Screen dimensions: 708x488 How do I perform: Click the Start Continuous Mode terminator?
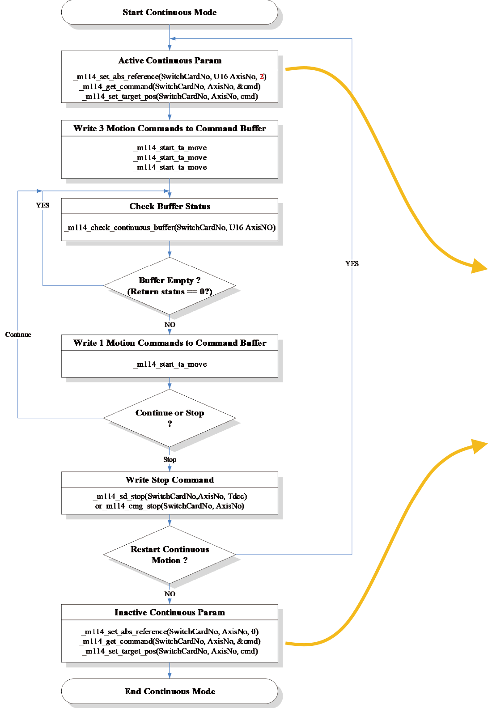click(x=170, y=13)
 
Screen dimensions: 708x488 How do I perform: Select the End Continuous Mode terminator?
click(x=170, y=691)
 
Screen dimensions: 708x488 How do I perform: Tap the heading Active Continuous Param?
click(x=170, y=60)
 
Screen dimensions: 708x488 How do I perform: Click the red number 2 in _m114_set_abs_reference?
click(x=262, y=76)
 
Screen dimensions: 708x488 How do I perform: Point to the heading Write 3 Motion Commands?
click(x=170, y=128)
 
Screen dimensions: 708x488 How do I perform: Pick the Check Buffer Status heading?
click(x=170, y=206)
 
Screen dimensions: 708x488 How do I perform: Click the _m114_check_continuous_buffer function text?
click(x=170, y=228)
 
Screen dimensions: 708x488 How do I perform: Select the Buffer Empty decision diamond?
click(x=170, y=286)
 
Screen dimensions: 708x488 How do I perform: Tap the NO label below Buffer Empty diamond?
click(x=170, y=325)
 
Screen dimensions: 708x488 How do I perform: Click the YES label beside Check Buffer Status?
click(x=42, y=205)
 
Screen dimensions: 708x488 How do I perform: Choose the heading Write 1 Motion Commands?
click(x=170, y=343)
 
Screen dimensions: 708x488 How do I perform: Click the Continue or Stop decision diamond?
click(x=170, y=418)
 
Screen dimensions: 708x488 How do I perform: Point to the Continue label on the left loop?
click(x=18, y=335)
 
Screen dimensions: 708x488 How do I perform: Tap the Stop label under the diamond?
click(x=170, y=459)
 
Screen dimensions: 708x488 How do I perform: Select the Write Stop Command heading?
click(x=170, y=480)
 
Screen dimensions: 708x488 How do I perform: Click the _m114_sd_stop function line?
click(x=170, y=496)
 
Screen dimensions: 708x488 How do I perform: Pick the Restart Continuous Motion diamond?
click(x=170, y=555)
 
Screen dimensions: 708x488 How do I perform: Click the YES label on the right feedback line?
click(x=352, y=263)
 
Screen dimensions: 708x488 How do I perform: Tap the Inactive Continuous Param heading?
click(x=170, y=612)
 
